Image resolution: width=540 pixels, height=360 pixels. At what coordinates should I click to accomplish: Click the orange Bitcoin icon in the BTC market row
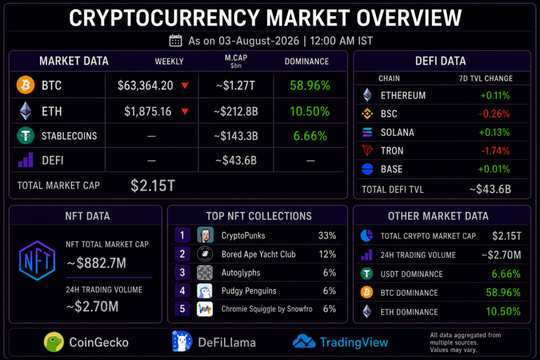[25, 85]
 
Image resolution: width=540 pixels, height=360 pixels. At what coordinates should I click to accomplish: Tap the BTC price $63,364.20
[146, 85]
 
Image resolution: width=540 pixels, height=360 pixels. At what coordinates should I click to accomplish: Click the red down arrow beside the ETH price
[185, 111]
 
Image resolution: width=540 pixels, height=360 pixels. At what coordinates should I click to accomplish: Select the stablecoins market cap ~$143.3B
[236, 136]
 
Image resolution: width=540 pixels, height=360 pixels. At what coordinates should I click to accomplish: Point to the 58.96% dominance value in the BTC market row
[310, 85]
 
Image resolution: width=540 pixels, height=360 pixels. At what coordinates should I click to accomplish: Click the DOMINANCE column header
[306, 62]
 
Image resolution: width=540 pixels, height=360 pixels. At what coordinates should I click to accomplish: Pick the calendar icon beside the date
[176, 41]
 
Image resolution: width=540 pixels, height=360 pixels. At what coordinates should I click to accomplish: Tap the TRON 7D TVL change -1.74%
[495, 151]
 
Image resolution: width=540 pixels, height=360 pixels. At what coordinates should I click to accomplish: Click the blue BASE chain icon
[368, 169]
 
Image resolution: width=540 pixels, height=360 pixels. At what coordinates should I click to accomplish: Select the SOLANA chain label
[398, 132]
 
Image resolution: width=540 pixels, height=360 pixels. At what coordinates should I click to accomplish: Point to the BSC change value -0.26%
[494, 114]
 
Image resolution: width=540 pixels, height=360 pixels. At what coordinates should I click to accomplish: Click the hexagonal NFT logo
[37, 260]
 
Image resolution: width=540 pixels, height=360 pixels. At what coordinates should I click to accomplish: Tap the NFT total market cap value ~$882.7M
[97, 264]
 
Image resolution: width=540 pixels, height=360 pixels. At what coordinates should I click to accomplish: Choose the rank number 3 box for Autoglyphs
[182, 273]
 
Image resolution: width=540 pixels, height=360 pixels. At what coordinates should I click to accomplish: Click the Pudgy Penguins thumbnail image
[205, 291]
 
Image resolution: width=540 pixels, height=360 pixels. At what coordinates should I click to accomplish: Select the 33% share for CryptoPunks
[327, 236]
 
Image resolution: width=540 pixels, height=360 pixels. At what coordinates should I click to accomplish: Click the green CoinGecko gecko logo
[54, 342]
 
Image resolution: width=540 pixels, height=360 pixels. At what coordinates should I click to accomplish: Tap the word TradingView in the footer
[354, 343]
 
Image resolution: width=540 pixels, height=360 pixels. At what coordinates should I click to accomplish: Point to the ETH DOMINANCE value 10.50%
[503, 312]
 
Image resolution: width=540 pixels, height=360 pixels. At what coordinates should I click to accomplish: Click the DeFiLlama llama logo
[182, 341]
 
